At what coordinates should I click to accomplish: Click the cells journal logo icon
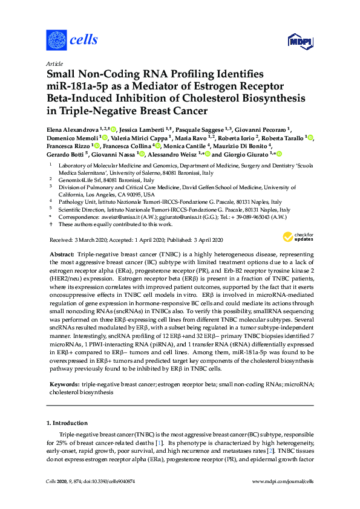[56, 41]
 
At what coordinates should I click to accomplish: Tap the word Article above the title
[54, 63]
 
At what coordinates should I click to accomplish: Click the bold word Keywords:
[65, 384]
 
